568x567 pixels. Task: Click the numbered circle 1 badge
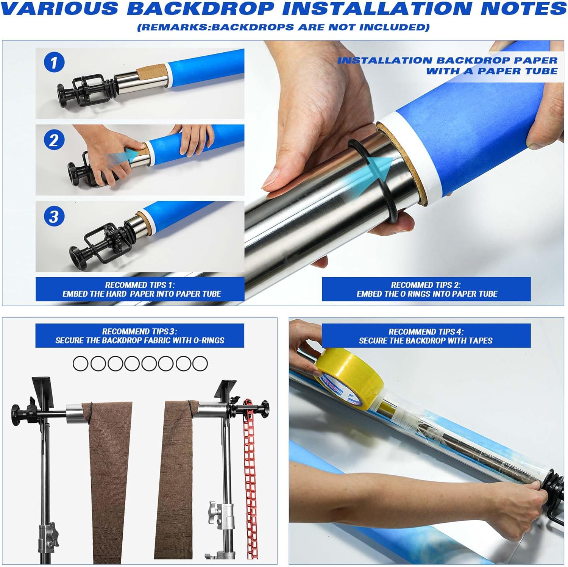click(54, 62)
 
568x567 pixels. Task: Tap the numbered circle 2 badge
click(54, 140)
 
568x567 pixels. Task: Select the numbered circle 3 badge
click(54, 216)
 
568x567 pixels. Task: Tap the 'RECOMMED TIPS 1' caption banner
click(140, 289)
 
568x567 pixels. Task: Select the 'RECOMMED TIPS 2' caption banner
click(426, 289)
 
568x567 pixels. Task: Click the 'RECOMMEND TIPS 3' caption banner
click(140, 336)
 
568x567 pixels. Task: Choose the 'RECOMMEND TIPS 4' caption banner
click(426, 336)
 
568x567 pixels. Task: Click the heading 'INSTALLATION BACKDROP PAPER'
click(447, 61)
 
